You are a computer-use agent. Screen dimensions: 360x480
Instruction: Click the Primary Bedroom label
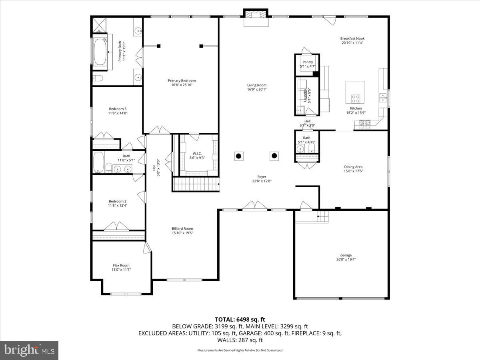coord(182,80)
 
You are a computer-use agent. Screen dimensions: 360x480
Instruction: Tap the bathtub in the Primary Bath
coord(100,51)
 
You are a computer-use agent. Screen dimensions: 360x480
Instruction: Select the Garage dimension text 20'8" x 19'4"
coord(346,260)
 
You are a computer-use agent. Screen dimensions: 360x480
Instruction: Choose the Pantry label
coord(308,62)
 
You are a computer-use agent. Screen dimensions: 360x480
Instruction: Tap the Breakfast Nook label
coord(352,38)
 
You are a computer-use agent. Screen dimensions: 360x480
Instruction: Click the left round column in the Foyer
coord(238,156)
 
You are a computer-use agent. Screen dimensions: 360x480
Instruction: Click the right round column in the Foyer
coord(274,156)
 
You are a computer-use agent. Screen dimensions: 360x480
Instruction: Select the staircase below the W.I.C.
coord(196,184)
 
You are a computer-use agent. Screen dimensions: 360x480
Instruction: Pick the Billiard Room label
coord(182,229)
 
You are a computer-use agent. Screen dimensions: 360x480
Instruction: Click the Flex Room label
coord(121,265)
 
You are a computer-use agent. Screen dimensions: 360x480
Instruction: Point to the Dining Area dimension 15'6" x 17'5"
coord(353,171)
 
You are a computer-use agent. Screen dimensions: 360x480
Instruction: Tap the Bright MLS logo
coord(29,350)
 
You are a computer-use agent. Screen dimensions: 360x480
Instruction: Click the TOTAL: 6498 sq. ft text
coord(240,320)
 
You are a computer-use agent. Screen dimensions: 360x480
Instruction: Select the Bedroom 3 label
coord(118,109)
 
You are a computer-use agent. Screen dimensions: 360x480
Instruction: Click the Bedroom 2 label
coord(118,201)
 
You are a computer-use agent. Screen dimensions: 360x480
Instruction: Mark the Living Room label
coord(256,85)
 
